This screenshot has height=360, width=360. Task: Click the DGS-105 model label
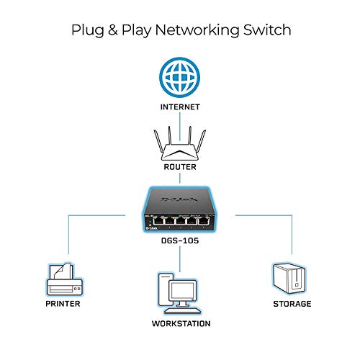coord(180,244)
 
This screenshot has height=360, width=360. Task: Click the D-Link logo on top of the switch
coord(180,197)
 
